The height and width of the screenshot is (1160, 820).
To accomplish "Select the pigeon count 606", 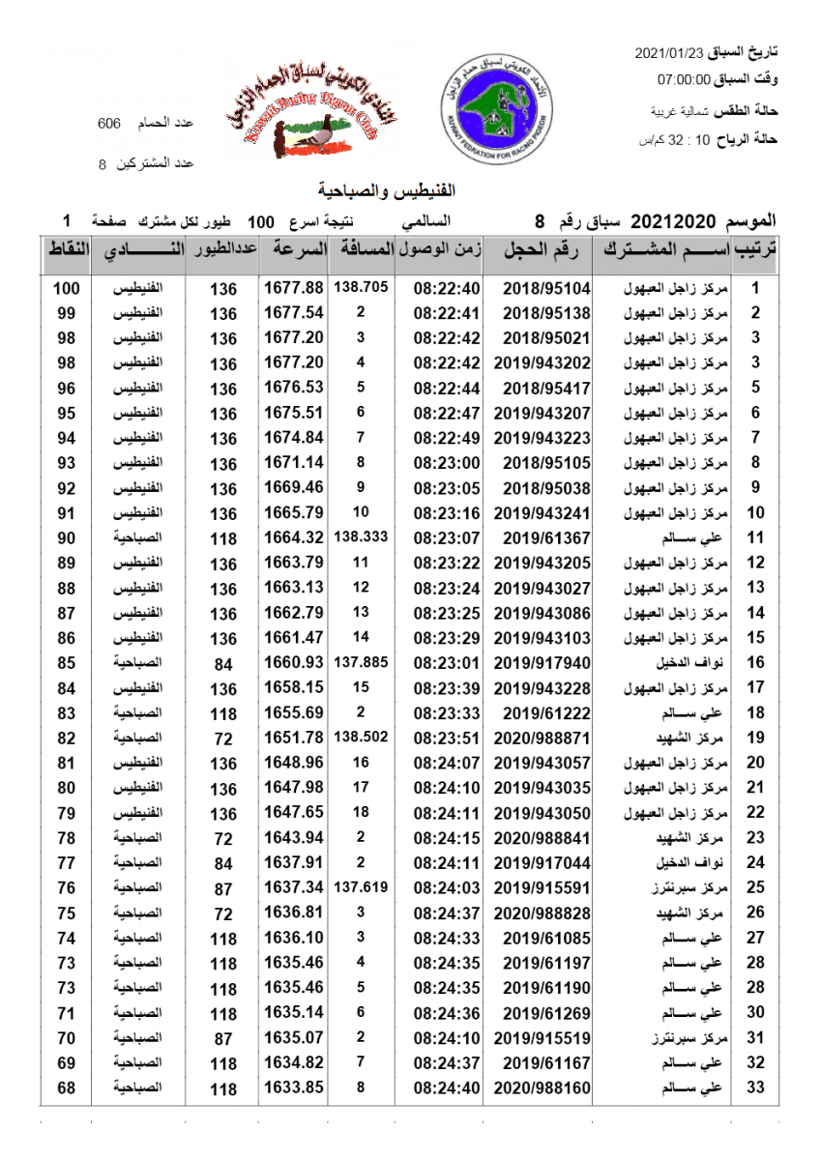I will pyautogui.click(x=109, y=124).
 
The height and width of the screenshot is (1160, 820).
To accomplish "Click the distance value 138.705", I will pyautogui.click(x=361, y=287).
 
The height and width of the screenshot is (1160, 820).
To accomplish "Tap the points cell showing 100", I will pyautogui.click(x=66, y=288).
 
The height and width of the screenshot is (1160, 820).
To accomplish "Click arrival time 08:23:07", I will pyautogui.click(x=446, y=537).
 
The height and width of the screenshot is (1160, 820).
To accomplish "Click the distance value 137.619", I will pyautogui.click(x=361, y=886).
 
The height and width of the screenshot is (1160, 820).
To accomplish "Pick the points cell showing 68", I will pyautogui.click(x=66, y=1087).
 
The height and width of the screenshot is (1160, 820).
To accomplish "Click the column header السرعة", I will pyautogui.click(x=296, y=250).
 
